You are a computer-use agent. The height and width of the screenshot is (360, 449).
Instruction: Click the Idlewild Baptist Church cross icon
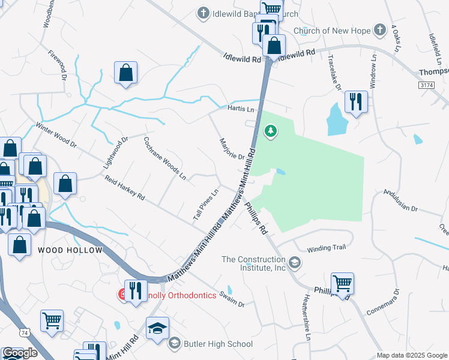click(203, 13)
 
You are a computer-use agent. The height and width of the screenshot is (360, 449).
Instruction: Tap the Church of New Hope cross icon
click(379, 30)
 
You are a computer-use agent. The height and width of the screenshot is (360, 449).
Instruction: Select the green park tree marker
click(271, 130)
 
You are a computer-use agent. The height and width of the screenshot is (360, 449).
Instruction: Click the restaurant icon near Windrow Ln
click(356, 102)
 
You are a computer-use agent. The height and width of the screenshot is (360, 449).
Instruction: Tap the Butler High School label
click(218, 344)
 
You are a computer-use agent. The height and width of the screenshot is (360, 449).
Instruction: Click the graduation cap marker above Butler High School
click(157, 328)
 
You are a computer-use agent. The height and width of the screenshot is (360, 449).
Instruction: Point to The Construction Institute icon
click(294, 262)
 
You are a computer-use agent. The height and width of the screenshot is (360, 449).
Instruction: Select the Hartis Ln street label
click(241, 109)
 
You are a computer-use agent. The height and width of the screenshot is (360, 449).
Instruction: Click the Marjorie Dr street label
click(231, 148)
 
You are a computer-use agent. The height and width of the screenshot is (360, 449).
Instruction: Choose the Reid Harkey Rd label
click(124, 188)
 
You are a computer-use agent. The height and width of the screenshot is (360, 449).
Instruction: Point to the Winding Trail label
click(327, 248)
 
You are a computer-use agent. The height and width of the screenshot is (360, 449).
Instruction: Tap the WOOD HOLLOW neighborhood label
click(70, 249)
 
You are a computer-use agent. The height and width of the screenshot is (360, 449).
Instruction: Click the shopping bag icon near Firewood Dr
click(126, 73)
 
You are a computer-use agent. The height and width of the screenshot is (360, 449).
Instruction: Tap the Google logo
click(20, 352)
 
